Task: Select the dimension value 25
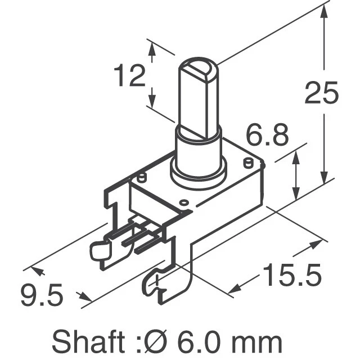coord(321,93)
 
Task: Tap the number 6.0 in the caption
coord(203,341)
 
